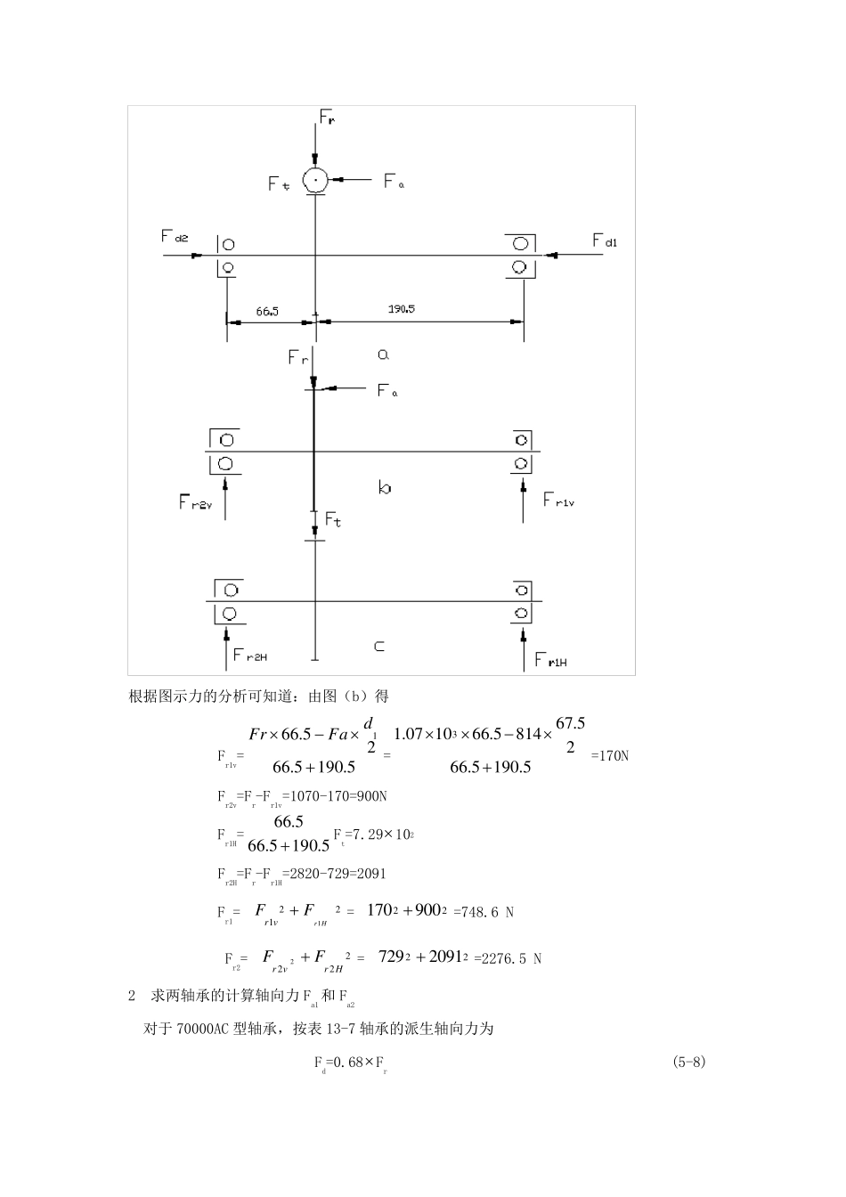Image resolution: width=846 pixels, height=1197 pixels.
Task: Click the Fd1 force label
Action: [605, 240]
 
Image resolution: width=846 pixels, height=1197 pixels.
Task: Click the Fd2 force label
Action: [175, 236]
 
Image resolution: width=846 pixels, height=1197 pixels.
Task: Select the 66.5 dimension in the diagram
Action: [267, 312]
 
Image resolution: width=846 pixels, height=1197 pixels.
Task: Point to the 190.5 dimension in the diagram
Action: [401, 309]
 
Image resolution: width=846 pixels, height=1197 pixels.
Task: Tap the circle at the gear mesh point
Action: [315, 180]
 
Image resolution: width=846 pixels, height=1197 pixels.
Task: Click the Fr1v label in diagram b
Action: [559, 500]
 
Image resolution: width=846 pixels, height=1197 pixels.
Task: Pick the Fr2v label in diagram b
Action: [196, 503]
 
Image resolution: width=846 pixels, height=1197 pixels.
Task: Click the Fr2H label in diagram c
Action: [250, 655]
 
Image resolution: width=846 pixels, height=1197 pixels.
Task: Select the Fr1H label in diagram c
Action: [550, 659]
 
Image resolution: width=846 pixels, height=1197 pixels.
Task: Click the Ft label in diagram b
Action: [333, 518]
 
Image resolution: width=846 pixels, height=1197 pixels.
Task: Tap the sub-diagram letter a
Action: [383, 354]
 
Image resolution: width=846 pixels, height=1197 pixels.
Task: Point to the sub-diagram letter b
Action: [384, 487]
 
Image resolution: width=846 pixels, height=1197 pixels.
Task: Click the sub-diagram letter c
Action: [379, 647]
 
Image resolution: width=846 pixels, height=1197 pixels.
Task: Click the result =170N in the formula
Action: [610, 756]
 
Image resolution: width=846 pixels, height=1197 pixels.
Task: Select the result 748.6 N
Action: [484, 911]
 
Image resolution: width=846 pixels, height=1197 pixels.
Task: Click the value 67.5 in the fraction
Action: [570, 723]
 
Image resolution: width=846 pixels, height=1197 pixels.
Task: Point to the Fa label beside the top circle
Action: [394, 181]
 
